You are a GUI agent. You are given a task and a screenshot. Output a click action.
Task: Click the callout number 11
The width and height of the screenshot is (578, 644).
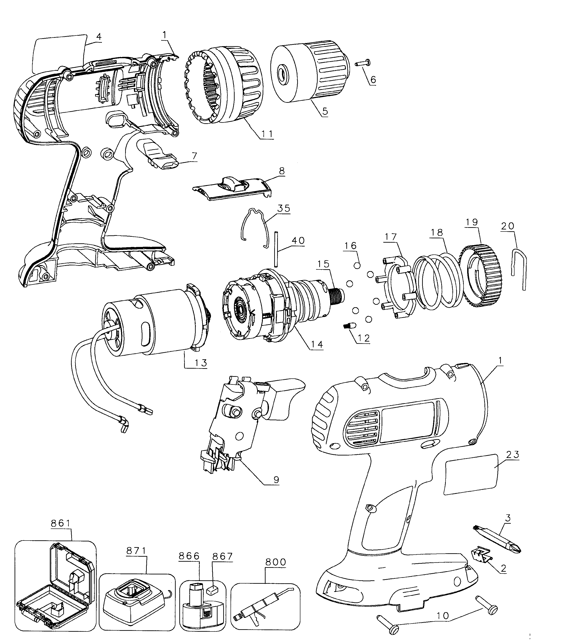coord(267,134)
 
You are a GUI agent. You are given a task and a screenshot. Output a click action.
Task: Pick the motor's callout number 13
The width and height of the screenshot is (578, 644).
coord(201,363)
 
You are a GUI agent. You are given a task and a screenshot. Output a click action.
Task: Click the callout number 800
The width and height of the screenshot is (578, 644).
coord(276,562)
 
